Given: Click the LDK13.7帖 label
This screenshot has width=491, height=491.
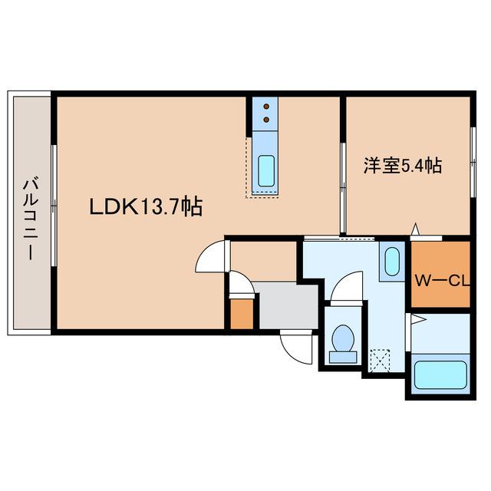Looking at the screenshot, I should tap(146, 206).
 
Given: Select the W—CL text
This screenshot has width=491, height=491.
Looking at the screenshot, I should tap(442, 280).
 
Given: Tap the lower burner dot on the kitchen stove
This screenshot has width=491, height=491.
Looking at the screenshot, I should tap(266, 120).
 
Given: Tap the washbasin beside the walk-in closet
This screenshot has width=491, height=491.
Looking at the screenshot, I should tap(391, 261).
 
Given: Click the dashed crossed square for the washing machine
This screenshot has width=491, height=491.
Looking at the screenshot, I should tap(379, 359).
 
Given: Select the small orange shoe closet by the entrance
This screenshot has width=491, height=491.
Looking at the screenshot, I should tap(241, 315).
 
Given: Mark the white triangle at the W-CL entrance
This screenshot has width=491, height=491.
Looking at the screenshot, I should tap(415, 229).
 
